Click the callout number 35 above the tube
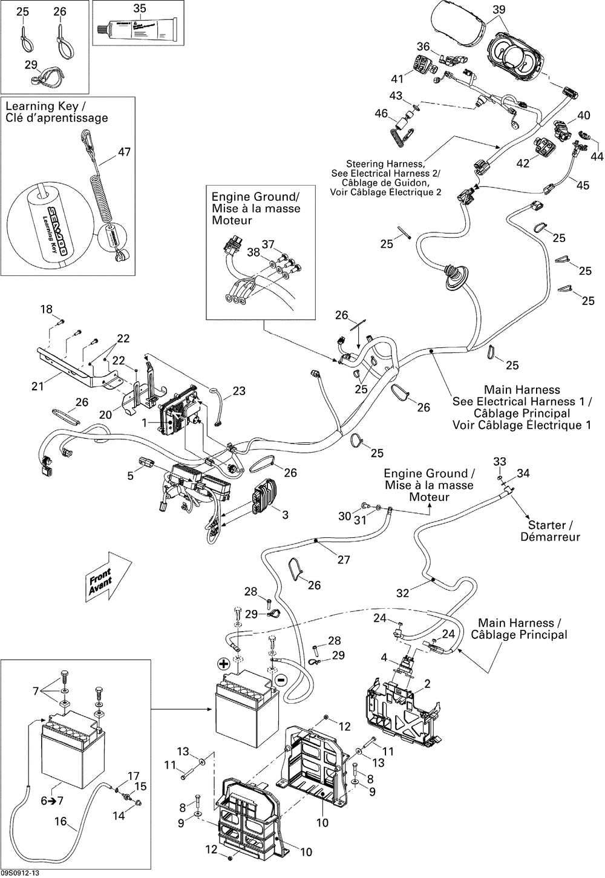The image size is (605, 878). (x=140, y=8)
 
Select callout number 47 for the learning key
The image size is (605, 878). (x=124, y=152)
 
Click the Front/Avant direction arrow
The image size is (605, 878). (x=109, y=575)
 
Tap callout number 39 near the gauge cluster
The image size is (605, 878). (x=499, y=9)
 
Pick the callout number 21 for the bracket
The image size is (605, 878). (x=38, y=385)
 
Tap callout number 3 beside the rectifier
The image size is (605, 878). (x=285, y=514)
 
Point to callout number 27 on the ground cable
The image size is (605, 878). (x=344, y=560)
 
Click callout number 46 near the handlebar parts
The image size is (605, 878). (x=381, y=113)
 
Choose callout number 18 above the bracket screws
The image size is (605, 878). (x=47, y=310)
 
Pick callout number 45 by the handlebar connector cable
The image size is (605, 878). (x=583, y=185)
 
